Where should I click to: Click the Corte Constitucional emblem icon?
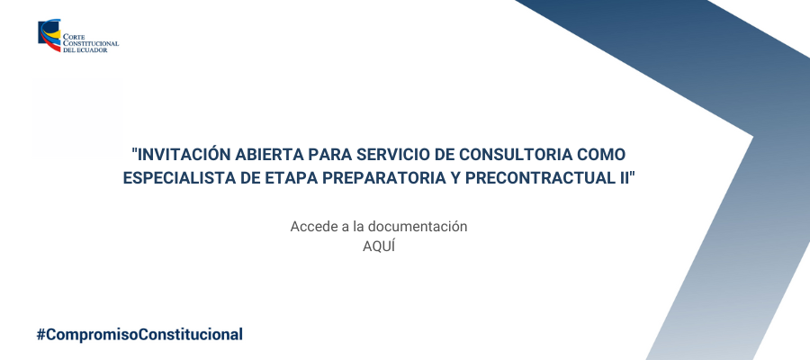point(49,35)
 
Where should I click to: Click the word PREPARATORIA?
point(380,177)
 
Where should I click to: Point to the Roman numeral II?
point(625,177)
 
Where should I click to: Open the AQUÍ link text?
point(379,247)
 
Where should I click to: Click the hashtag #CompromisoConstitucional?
point(139,335)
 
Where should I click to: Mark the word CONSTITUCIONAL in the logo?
point(91,44)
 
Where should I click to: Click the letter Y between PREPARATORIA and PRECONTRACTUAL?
point(454,177)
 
